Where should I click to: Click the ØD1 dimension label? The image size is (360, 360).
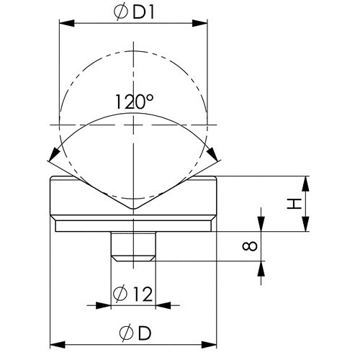tap(134, 13)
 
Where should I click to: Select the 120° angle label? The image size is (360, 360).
tap(134, 102)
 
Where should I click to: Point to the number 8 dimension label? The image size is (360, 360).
tap(250, 246)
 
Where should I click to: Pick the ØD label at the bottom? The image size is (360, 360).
tap(135, 333)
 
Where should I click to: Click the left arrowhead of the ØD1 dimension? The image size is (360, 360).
tap(67, 23)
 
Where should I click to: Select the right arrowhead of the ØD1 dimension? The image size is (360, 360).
tap(199, 23)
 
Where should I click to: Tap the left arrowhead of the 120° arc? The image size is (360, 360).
tap(55, 154)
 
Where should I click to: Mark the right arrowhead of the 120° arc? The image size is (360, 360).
tap(212, 154)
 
